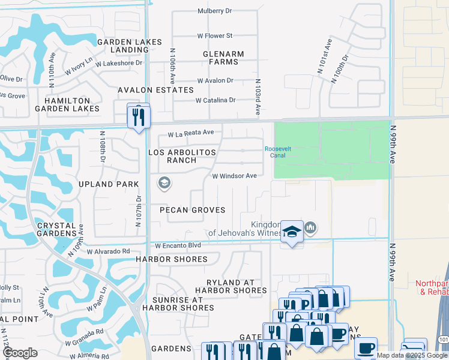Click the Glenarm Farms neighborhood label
pos(223,58)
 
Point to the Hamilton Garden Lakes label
pos(66,105)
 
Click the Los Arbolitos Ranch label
pos(182,157)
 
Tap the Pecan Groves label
pos(192,210)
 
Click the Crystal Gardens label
pos(57,229)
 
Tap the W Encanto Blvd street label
pos(178,246)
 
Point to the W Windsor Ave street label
pos(234,176)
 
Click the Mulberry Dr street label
pos(214,11)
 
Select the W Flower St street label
pos(215,36)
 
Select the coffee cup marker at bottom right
pos(366,349)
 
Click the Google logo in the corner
pos(20,353)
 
